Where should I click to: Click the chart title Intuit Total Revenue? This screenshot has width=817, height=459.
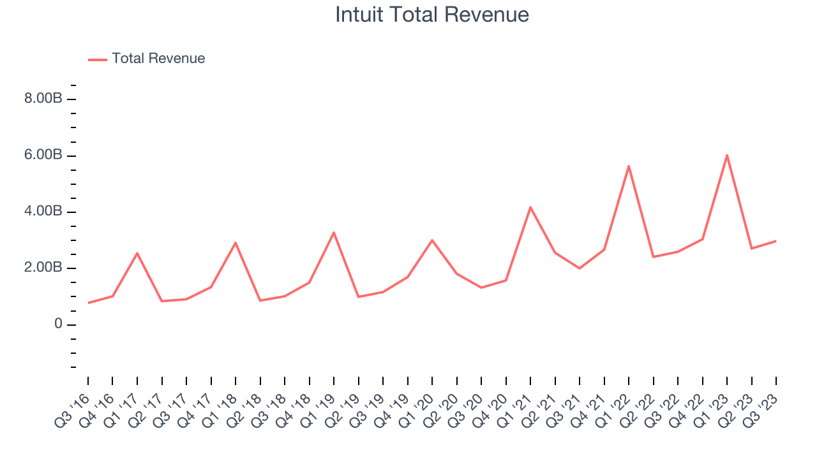tap(432, 15)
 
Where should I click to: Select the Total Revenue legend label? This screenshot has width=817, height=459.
tap(158, 59)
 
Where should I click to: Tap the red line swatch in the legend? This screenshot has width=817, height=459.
tap(98, 59)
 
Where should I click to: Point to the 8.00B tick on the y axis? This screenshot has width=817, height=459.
tap(43, 99)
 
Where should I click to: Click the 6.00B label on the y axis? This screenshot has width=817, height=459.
tap(43, 156)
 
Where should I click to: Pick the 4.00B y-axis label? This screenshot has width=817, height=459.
tap(43, 212)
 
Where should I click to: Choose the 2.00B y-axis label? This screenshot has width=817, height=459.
tap(43, 268)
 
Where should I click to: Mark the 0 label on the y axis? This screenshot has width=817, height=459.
tap(58, 324)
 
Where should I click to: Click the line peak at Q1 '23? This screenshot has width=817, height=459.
tap(727, 155)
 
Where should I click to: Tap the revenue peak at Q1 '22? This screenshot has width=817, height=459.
tap(629, 166)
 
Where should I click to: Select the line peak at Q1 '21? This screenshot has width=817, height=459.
tap(530, 207)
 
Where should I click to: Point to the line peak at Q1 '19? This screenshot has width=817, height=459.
tap(334, 233)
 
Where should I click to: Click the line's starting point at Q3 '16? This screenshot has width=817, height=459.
tap(88, 303)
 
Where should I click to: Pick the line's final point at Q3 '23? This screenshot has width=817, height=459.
tap(776, 241)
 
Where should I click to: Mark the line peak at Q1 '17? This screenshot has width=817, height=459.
tap(137, 253)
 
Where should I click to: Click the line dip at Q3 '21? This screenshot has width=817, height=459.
tap(580, 268)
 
